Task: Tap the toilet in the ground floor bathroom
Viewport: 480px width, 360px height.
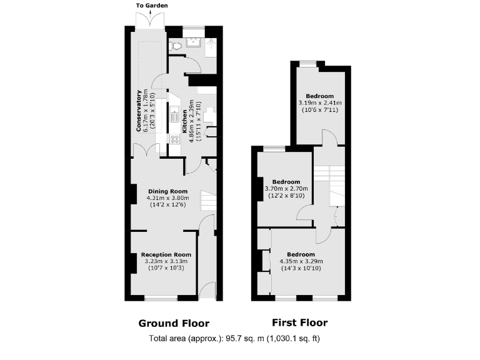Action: (177, 44)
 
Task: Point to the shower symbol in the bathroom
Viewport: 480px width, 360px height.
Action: (211, 44)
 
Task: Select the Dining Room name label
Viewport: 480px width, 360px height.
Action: (167, 191)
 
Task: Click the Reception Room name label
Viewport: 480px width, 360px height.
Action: (166, 255)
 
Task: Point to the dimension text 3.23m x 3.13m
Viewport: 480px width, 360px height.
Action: (166, 262)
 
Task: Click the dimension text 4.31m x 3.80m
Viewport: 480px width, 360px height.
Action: (167, 198)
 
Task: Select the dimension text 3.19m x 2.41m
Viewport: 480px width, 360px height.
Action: (320, 102)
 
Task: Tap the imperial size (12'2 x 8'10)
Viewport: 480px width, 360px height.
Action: (286, 196)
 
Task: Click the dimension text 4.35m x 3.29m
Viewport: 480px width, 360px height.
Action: (301, 261)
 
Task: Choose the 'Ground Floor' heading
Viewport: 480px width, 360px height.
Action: (173, 323)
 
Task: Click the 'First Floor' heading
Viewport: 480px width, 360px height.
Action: (299, 322)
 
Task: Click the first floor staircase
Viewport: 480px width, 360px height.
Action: (329, 185)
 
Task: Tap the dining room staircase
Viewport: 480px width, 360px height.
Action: (207, 200)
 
